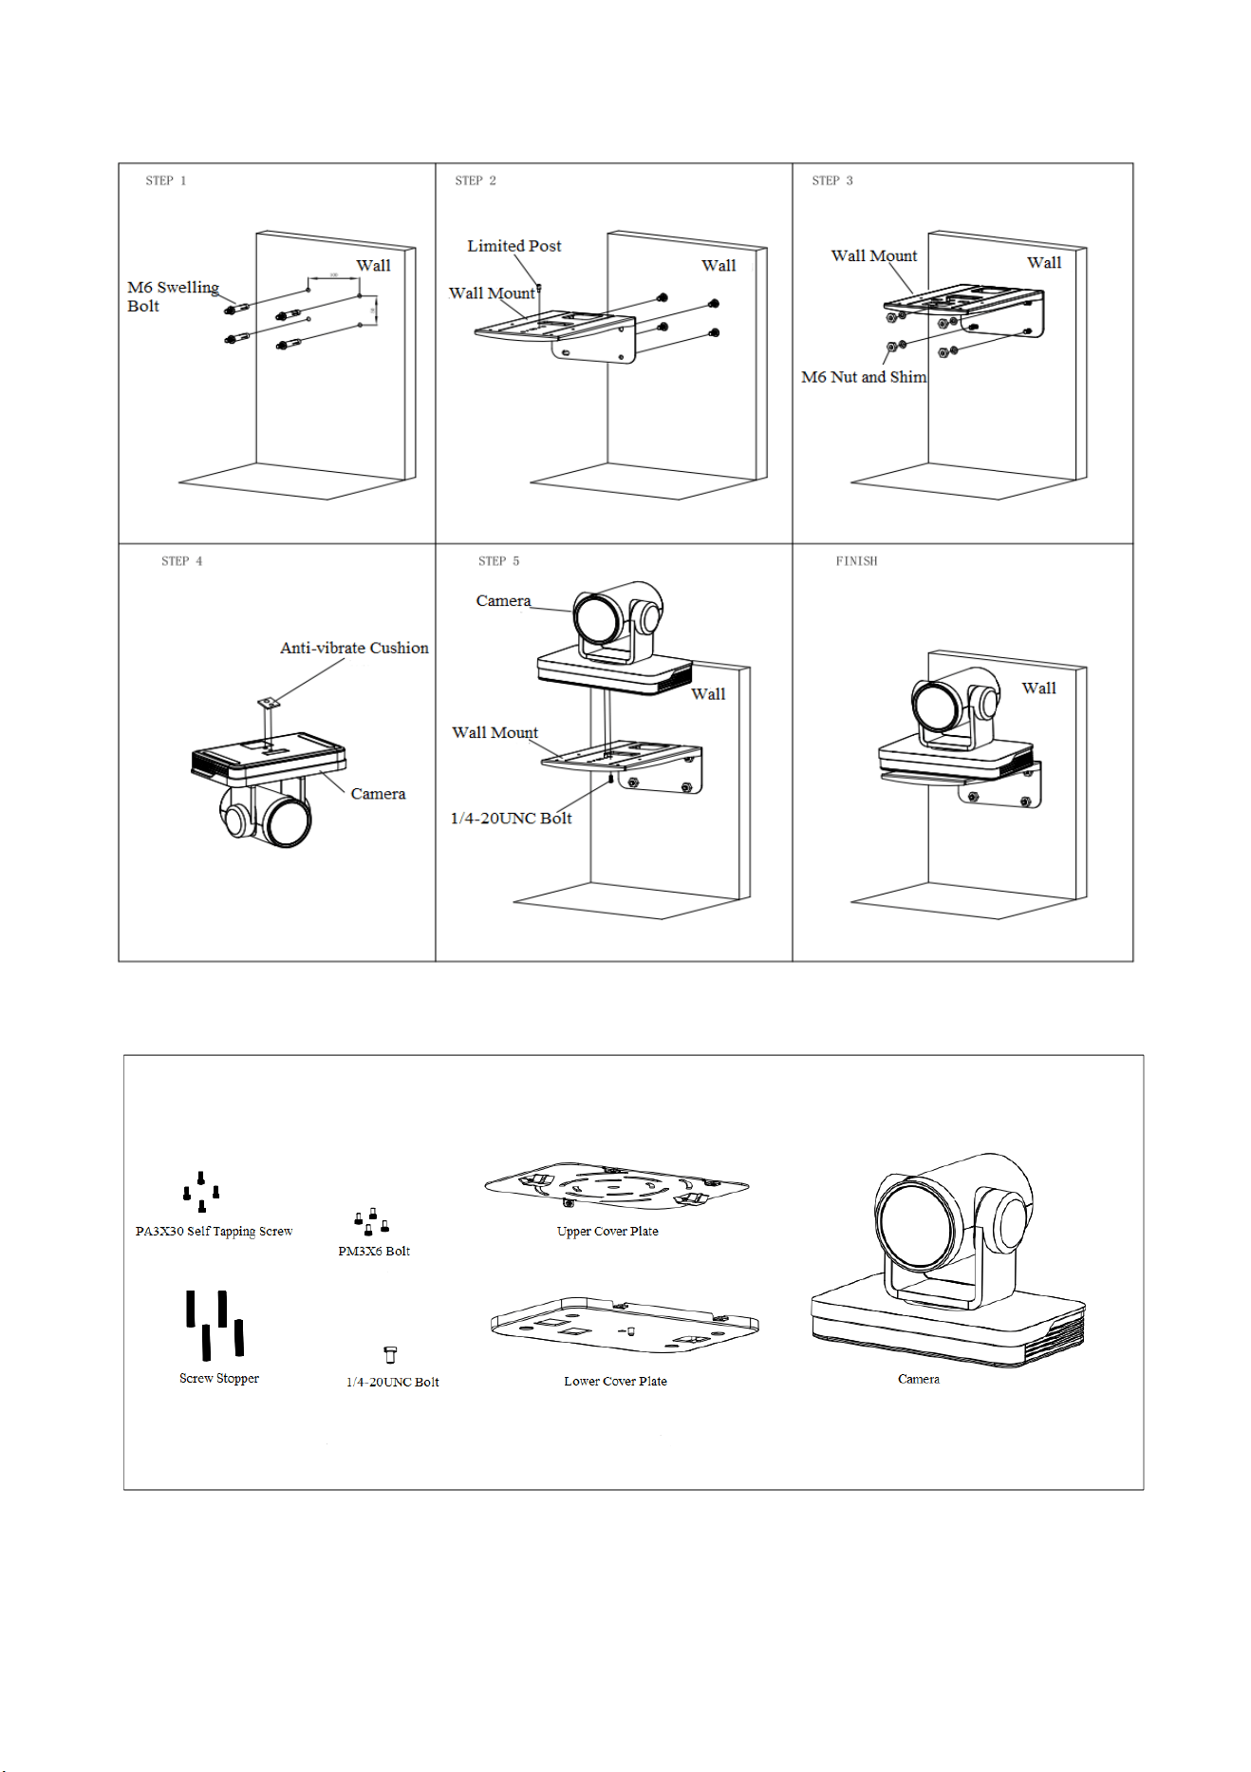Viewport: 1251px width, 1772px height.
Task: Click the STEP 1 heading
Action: click(166, 180)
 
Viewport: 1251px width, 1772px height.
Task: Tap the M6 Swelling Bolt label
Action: click(173, 296)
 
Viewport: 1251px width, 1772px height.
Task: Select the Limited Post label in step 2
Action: click(514, 246)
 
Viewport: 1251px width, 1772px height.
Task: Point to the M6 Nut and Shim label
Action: click(864, 377)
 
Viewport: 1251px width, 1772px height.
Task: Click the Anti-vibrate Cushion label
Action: click(354, 648)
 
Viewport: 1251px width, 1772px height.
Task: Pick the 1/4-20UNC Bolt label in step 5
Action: click(511, 818)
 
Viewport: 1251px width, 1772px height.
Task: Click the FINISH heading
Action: click(856, 561)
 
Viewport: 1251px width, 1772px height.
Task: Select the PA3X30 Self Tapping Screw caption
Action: click(214, 1232)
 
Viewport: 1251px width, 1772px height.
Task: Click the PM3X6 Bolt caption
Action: click(374, 1252)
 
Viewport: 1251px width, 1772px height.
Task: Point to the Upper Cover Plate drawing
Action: click(617, 1185)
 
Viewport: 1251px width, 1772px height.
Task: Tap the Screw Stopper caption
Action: click(219, 1379)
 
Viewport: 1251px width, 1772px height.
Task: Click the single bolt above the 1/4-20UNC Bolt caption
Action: click(390, 1354)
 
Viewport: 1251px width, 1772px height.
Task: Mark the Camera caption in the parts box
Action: click(919, 1379)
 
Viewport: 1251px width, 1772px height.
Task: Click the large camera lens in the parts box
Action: click(919, 1224)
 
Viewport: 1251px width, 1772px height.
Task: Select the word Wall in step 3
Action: click(1044, 263)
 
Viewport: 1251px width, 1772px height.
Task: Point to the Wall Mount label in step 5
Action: click(495, 732)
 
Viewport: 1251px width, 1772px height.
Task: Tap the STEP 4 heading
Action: click(182, 561)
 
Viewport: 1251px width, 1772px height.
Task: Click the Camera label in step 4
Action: click(378, 794)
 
